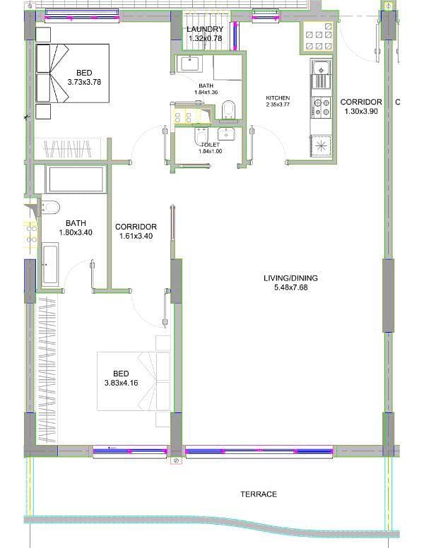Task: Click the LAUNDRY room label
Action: click(x=205, y=30)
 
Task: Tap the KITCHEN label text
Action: click(x=278, y=98)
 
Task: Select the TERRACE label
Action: click(x=259, y=494)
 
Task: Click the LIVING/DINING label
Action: click(x=290, y=278)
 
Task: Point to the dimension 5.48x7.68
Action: click(x=290, y=287)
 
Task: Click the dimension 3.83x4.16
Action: click(x=121, y=383)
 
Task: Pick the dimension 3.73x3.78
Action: click(x=84, y=82)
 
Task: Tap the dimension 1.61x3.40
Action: click(x=136, y=236)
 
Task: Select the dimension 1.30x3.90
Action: click(x=361, y=112)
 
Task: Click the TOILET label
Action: click(x=211, y=145)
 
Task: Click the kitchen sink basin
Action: click(x=321, y=68)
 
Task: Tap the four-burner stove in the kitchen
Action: click(x=321, y=107)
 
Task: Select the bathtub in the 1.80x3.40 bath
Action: click(x=50, y=264)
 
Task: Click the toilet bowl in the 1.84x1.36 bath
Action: click(x=228, y=109)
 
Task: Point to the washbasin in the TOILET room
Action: click(x=226, y=133)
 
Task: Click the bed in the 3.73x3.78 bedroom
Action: click(x=72, y=73)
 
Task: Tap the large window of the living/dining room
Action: click(x=259, y=451)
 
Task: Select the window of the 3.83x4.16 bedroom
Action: click(x=130, y=451)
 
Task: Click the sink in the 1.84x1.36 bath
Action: click(x=189, y=64)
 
